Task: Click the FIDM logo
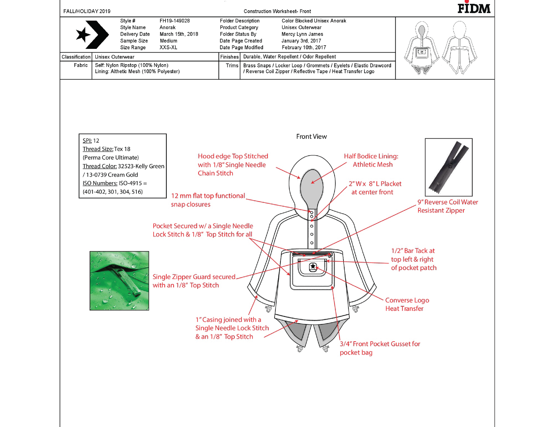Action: click(x=474, y=8)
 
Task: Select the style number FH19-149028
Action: click(x=175, y=21)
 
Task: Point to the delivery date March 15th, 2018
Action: click(x=179, y=34)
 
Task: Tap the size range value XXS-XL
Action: click(x=168, y=48)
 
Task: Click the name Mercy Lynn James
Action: click(x=302, y=34)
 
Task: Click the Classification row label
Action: click(x=76, y=57)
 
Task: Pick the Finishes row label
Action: click(x=229, y=57)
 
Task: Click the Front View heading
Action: click(x=311, y=137)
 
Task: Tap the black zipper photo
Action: click(x=448, y=167)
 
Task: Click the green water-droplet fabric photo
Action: click(x=119, y=280)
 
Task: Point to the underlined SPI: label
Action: click(x=87, y=141)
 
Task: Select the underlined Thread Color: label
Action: click(x=100, y=166)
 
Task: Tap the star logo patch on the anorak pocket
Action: click(x=313, y=267)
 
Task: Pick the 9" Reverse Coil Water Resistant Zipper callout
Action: click(x=447, y=206)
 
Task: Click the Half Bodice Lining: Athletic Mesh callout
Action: click(x=371, y=160)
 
